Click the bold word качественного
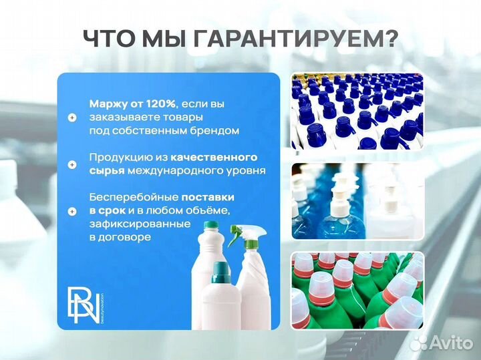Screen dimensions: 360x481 tap(214, 157)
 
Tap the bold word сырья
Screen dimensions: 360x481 tap(106, 170)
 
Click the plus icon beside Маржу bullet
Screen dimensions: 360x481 tap(72, 117)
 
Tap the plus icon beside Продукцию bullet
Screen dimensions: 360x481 tap(72, 164)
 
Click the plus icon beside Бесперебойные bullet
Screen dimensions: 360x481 tap(72, 211)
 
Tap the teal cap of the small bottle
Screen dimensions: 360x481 tap(219, 271)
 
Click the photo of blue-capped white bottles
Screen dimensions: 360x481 tap(357, 111)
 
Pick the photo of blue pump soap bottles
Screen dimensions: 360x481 tap(357, 200)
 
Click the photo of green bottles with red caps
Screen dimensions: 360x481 tap(357, 291)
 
